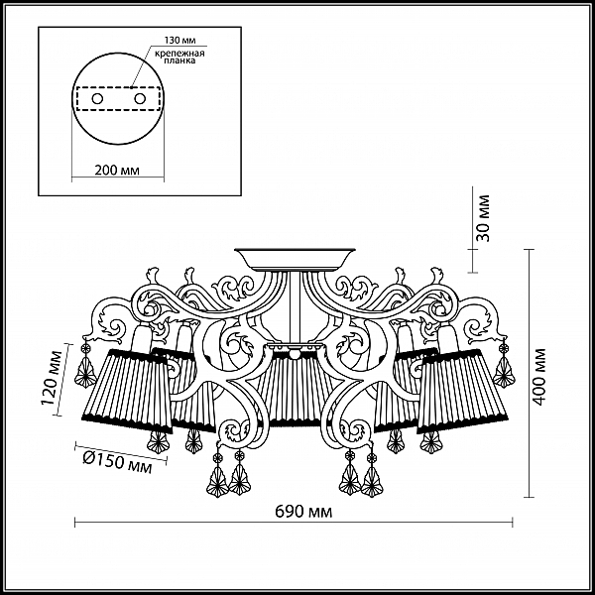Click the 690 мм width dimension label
tap(303, 512)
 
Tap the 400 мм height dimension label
tap(539, 377)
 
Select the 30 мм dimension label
tap(483, 218)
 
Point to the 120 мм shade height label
tap(53, 379)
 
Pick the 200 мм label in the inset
tap(117, 171)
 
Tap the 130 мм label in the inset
tap(179, 41)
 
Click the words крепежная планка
tap(179, 57)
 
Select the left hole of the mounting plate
tap(97, 99)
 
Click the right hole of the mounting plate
tap(140, 99)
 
